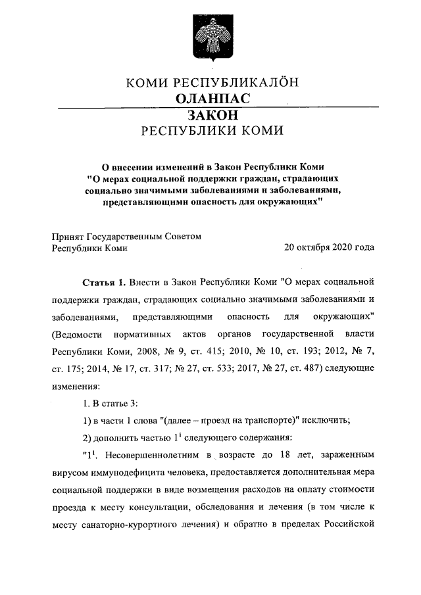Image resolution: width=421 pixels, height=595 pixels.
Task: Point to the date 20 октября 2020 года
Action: (329, 248)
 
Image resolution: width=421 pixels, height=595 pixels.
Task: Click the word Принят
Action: (68, 236)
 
